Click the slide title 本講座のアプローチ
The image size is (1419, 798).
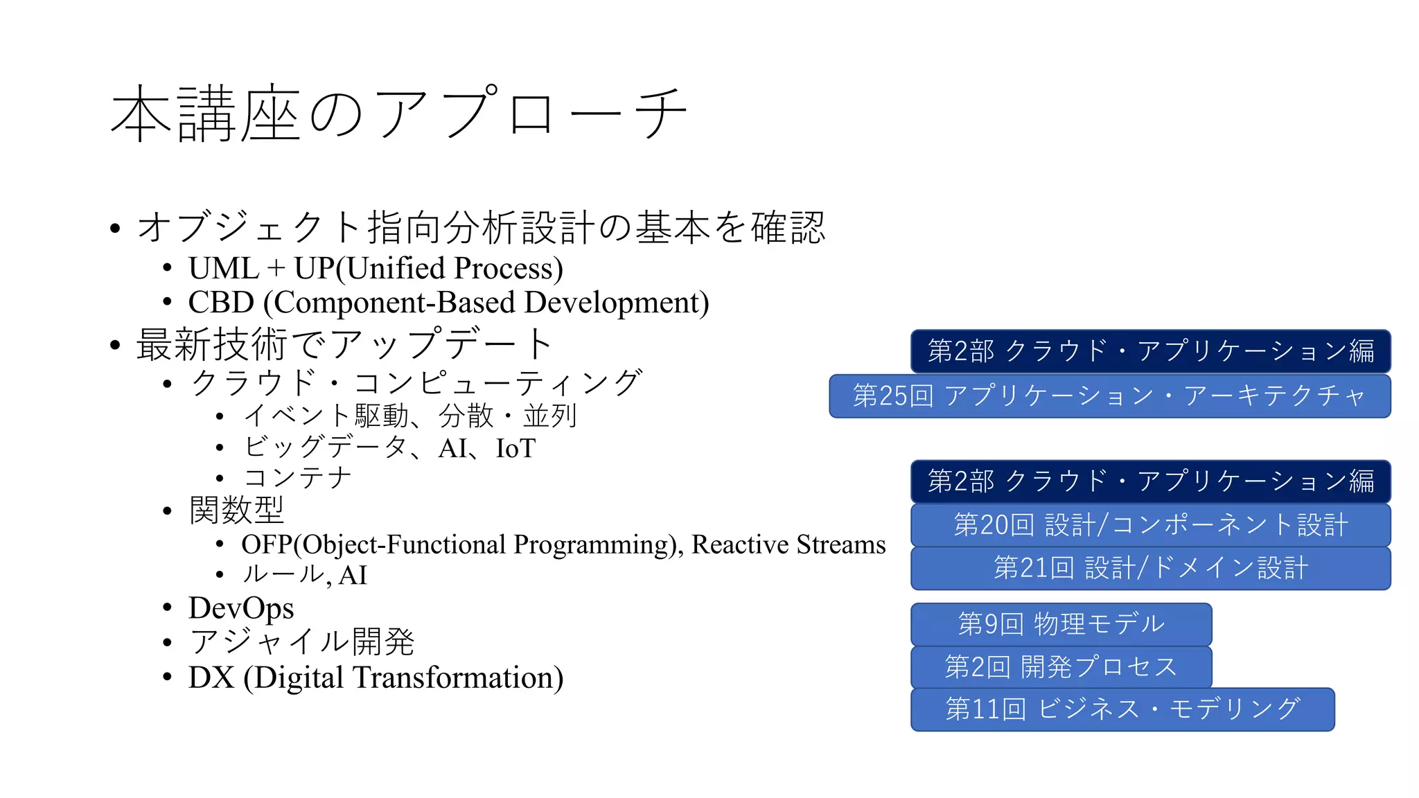(x=398, y=113)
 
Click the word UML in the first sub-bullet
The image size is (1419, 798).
(x=223, y=268)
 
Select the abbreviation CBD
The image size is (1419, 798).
(x=221, y=303)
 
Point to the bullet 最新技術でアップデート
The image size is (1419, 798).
(x=344, y=344)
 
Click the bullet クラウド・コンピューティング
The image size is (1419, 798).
(x=416, y=383)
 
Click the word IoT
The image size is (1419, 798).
(x=515, y=448)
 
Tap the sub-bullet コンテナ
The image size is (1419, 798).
(x=298, y=478)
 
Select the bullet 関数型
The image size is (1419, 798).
(x=236, y=511)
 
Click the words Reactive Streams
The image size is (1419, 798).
(x=788, y=544)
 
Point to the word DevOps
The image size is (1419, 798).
(x=241, y=608)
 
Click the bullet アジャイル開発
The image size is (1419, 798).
(x=302, y=641)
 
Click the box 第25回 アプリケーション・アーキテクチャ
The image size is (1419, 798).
(x=1109, y=396)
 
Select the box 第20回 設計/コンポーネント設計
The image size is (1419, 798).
(x=1150, y=525)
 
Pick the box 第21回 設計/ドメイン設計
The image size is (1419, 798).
(x=1150, y=568)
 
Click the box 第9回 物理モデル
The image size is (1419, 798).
(x=1061, y=624)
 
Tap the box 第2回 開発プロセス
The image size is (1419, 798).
(x=1061, y=667)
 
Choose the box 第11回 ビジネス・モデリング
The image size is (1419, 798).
(x=1122, y=709)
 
